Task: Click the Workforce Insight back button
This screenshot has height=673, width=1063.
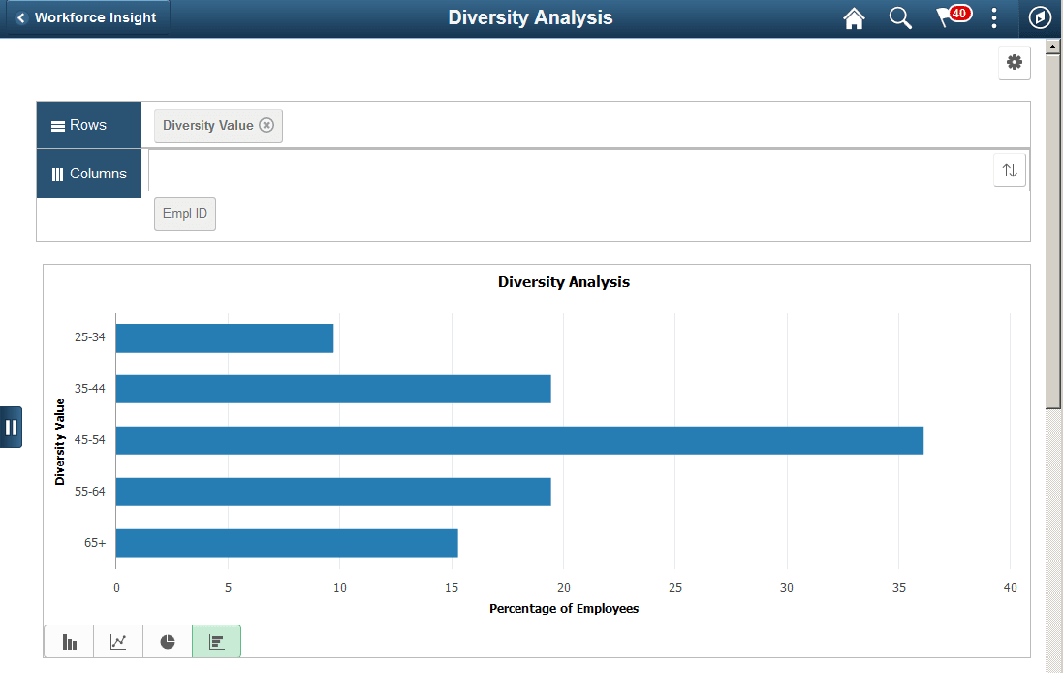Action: [86, 17]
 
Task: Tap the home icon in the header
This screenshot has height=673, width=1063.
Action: [854, 18]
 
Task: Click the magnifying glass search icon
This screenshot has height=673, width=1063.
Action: [900, 18]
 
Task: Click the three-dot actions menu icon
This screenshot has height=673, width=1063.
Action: [994, 18]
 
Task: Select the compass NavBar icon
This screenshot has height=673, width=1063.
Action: [1039, 18]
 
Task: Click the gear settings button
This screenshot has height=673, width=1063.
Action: [1014, 62]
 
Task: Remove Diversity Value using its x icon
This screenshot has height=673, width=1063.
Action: [266, 125]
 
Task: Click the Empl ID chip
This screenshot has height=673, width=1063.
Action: [185, 214]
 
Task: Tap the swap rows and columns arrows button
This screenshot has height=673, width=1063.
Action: [1009, 171]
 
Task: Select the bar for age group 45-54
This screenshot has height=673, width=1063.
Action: [519, 440]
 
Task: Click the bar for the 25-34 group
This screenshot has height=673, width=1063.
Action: [225, 338]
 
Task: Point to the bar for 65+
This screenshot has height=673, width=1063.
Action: [287, 543]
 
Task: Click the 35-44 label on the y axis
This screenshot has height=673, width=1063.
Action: [89, 389]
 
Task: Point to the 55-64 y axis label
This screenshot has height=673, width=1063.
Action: [89, 492]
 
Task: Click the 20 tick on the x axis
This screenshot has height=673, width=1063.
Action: [563, 588]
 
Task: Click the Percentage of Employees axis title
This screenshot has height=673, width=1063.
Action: [563, 609]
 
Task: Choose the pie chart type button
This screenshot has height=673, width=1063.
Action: [168, 642]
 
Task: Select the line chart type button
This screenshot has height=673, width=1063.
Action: [118, 642]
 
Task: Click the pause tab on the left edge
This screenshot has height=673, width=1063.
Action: [11, 427]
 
